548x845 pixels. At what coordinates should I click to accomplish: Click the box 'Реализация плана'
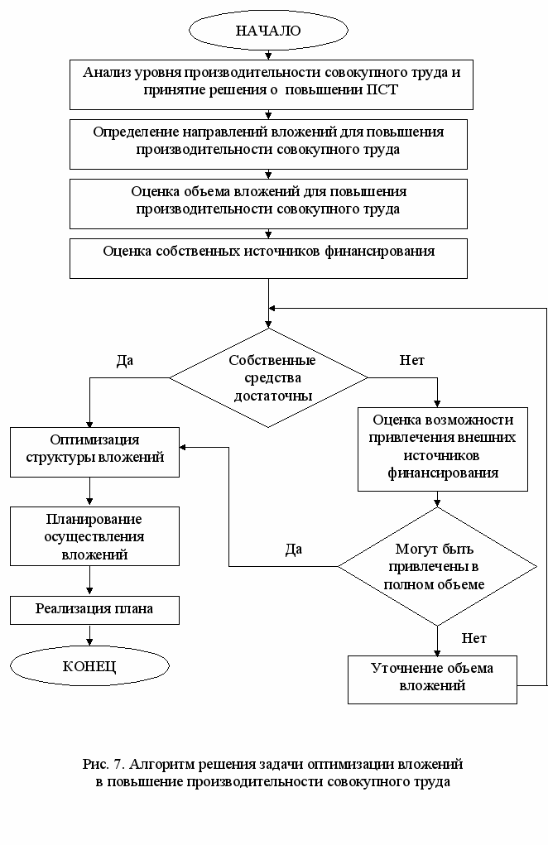pos(95,610)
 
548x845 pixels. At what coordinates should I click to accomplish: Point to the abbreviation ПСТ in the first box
pos(382,90)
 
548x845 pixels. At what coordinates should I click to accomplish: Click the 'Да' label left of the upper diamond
pos(124,361)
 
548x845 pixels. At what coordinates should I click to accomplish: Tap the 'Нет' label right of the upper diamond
pos(412,360)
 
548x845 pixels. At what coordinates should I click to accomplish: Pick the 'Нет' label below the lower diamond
pos(474,639)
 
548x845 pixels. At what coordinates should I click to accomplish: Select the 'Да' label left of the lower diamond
pos(294,550)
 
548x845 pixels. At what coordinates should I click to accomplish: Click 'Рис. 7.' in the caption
pos(104,764)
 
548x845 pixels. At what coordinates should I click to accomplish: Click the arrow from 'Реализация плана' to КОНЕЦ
pos(89,635)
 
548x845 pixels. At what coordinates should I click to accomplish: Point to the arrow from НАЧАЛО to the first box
pos(268,55)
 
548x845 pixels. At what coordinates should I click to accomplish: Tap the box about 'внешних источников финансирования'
pos(443,449)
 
